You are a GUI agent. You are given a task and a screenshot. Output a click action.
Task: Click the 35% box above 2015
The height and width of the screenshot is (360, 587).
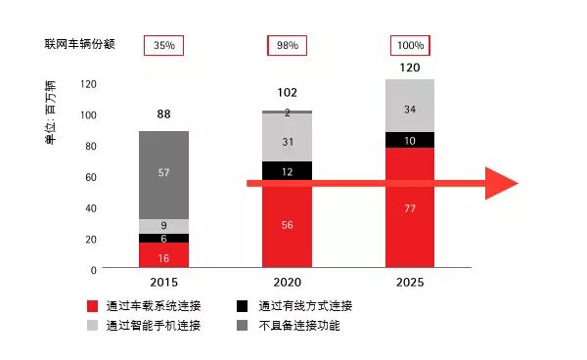coord(163,45)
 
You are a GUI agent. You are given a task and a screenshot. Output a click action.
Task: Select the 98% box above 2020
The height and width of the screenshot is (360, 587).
coord(287,45)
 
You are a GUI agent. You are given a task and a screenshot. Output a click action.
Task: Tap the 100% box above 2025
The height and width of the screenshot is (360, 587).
coord(411,45)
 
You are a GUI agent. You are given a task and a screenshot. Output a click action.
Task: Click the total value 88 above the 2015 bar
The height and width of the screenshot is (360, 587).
coord(163,114)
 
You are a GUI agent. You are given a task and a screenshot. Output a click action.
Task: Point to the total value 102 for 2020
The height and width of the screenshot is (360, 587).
coord(287,93)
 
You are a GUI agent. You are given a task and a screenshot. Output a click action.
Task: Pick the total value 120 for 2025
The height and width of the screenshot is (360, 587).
coord(411,68)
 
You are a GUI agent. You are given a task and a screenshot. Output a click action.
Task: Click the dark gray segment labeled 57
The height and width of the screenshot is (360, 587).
coord(163,173)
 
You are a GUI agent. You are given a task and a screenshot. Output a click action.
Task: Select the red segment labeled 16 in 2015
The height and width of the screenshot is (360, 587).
coord(163,256)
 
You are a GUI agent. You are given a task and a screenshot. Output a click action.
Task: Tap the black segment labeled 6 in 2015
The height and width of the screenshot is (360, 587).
coord(163,239)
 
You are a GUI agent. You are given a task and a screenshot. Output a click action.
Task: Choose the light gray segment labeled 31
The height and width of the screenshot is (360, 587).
coord(287,142)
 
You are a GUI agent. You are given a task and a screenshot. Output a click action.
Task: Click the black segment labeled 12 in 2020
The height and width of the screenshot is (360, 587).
coord(287,171)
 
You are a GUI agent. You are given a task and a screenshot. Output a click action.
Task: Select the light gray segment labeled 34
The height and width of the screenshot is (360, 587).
coord(410,108)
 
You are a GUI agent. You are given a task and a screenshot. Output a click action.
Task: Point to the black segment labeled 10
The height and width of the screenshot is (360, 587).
coord(410,140)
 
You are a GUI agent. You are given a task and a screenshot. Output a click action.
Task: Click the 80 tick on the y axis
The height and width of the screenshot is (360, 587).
coord(90,147)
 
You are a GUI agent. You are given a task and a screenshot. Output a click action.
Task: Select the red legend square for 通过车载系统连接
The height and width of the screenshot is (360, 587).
coord(93,306)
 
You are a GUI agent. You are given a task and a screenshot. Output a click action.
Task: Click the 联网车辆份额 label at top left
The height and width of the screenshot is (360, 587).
coord(79,45)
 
